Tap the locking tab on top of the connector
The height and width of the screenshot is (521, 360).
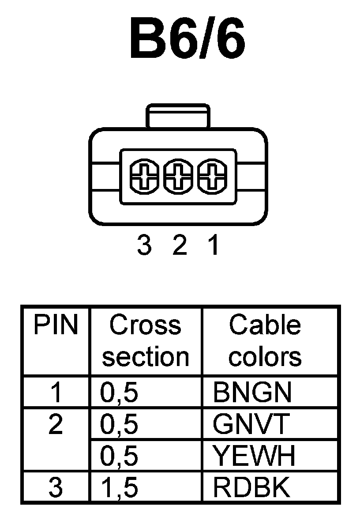tap(178, 117)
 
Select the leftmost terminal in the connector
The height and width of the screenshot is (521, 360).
tap(143, 177)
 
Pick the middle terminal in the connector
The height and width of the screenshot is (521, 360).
tap(178, 177)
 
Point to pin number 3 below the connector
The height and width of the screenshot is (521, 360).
tap(144, 245)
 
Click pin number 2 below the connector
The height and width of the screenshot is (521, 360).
tap(179, 245)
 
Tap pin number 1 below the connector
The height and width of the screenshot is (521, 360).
tap(213, 245)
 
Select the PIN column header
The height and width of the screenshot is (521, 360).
tap(56, 326)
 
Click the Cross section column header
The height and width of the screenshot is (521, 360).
tap(145, 341)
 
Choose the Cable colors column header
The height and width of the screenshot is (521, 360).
tap(265, 341)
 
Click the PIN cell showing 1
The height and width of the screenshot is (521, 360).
tap(56, 393)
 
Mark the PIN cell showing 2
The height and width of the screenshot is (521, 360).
tap(56, 425)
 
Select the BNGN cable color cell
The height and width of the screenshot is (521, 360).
tap(252, 393)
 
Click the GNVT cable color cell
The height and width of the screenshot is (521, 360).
tap(250, 425)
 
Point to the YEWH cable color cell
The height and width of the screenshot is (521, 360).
tap(254, 456)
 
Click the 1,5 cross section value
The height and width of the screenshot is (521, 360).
tap(119, 488)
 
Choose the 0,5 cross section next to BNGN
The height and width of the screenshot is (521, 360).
tap(119, 393)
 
